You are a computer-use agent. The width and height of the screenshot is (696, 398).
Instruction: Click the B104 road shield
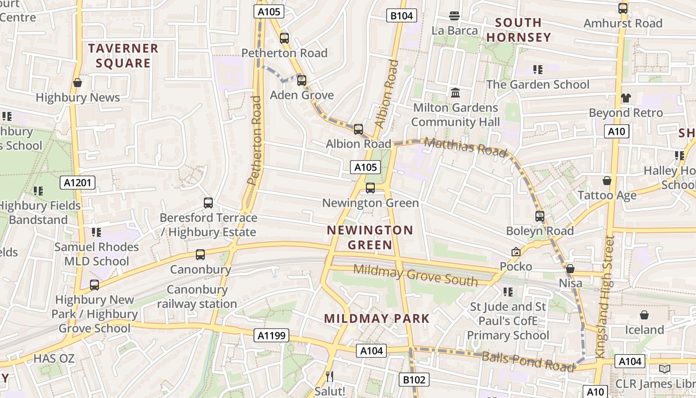(401, 15)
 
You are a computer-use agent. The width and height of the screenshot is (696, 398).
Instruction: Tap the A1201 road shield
(78, 183)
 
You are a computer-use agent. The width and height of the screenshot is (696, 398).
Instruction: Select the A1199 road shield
(272, 335)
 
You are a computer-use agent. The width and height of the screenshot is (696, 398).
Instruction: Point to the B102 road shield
(414, 380)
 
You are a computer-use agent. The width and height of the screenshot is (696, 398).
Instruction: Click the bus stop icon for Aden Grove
(301, 80)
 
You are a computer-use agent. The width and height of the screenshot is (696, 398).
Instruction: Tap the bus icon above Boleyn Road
(539, 216)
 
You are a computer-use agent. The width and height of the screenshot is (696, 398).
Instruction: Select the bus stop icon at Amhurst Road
(622, 8)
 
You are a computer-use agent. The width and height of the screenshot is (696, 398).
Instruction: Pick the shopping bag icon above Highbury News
(78, 83)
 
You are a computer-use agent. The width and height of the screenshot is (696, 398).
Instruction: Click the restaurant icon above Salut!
(329, 376)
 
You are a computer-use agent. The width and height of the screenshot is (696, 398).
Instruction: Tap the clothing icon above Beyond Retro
(625, 98)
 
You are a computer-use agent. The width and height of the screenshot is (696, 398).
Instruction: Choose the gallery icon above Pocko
(516, 252)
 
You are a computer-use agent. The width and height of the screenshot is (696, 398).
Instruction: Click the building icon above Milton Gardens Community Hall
(455, 93)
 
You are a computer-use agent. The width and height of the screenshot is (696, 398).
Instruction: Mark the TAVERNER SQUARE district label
(123, 56)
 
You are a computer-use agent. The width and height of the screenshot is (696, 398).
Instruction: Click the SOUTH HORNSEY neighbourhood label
(519, 30)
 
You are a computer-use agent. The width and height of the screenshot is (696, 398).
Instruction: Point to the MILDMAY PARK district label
(376, 318)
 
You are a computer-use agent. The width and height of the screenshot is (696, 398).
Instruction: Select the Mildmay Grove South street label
(415, 275)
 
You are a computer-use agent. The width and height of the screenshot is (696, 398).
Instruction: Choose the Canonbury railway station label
(197, 297)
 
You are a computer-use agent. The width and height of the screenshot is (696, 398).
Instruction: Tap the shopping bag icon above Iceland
(644, 315)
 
